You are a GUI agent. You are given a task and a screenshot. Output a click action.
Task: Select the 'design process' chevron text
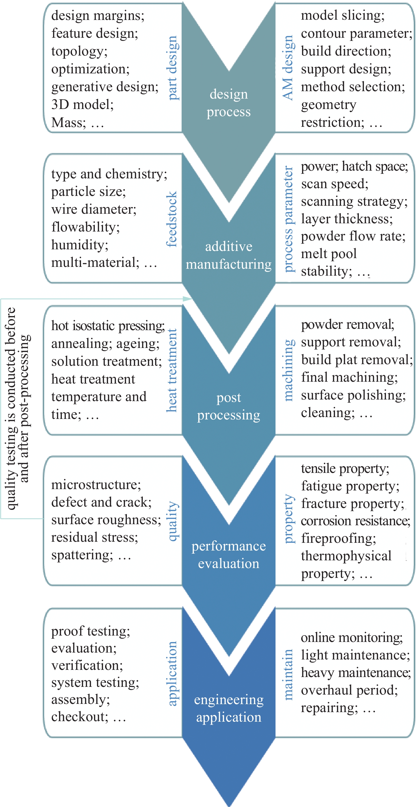point(229,103)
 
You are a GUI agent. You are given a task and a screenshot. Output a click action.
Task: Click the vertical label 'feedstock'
point(171,219)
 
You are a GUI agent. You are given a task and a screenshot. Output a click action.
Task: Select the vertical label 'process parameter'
point(288,219)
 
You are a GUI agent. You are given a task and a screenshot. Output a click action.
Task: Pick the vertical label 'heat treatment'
point(171,370)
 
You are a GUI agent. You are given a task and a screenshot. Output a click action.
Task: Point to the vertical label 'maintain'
point(288,674)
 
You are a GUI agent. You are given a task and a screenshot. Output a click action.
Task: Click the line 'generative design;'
point(105,87)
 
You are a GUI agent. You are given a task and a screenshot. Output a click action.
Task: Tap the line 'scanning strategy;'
point(354,201)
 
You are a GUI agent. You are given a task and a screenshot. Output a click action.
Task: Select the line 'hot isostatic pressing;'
point(108,326)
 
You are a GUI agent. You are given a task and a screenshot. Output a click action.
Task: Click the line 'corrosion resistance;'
point(355,521)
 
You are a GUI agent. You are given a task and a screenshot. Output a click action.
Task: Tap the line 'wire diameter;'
point(94,209)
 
